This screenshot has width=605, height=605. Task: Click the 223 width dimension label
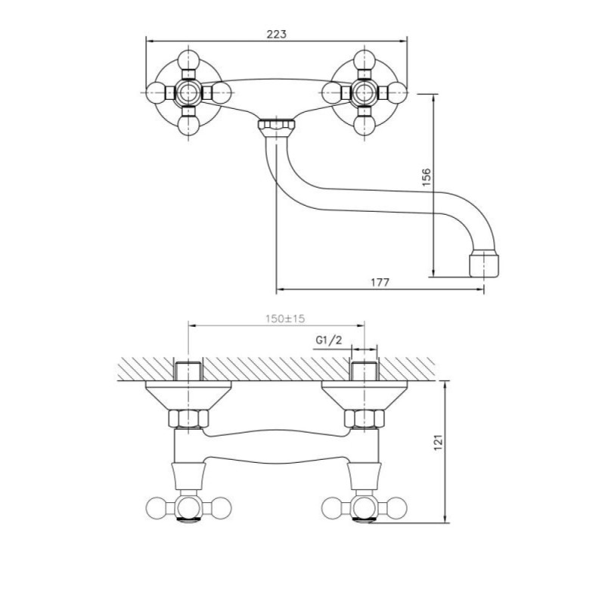(x=277, y=34)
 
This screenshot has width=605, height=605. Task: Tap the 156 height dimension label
(x=426, y=177)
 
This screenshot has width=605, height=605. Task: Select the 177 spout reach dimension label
(x=380, y=282)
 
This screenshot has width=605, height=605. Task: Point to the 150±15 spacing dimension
(x=285, y=318)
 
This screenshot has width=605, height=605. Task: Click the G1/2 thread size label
(x=329, y=340)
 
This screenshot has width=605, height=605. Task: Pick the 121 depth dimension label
(x=439, y=442)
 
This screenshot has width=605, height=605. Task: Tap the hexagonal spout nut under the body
(x=276, y=125)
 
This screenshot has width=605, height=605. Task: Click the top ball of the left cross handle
(x=188, y=61)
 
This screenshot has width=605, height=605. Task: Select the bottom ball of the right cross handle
(x=365, y=126)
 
